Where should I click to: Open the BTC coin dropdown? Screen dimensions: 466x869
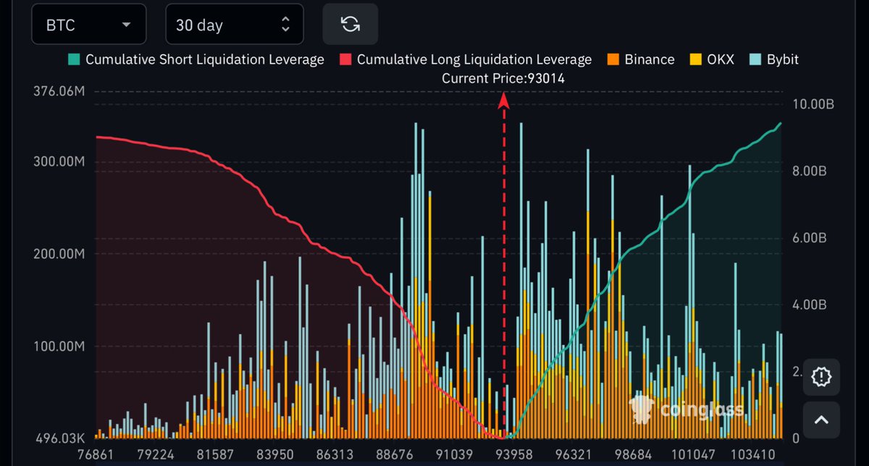click(88, 25)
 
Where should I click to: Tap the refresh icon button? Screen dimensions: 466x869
click(350, 24)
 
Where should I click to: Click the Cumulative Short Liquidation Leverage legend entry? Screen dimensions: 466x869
click(196, 59)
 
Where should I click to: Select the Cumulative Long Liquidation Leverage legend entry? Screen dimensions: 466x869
click(466, 59)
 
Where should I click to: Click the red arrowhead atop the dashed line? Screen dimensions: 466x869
click(504, 103)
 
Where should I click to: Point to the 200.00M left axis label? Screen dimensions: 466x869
click(59, 254)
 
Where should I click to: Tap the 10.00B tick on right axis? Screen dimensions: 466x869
click(814, 104)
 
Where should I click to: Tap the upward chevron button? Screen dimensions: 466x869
click(821, 420)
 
